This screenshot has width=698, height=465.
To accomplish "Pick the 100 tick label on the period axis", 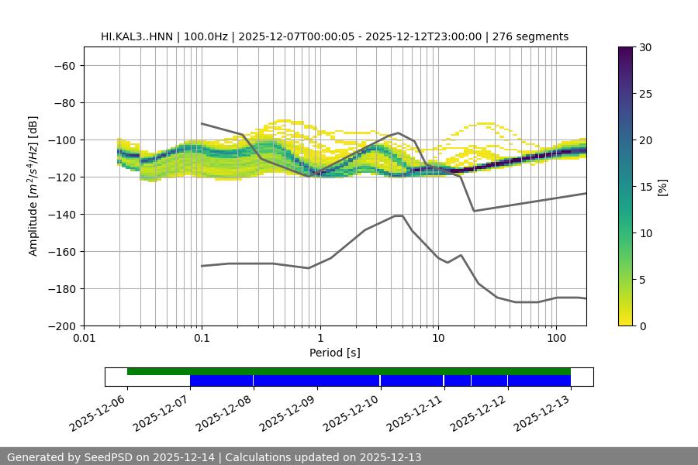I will (x=556, y=339).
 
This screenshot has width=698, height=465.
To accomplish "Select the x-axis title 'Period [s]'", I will (x=335, y=353).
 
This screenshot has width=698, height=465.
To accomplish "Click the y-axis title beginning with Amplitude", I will (x=33, y=186).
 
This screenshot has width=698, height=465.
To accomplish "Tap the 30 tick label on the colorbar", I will (x=645, y=47).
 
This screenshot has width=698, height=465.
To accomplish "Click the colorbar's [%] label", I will (x=662, y=187).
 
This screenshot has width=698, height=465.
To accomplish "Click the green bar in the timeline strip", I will (x=349, y=371).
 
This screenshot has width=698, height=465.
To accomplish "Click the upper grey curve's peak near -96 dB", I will (x=399, y=133).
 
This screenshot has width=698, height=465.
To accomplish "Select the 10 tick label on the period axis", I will (x=438, y=339).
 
